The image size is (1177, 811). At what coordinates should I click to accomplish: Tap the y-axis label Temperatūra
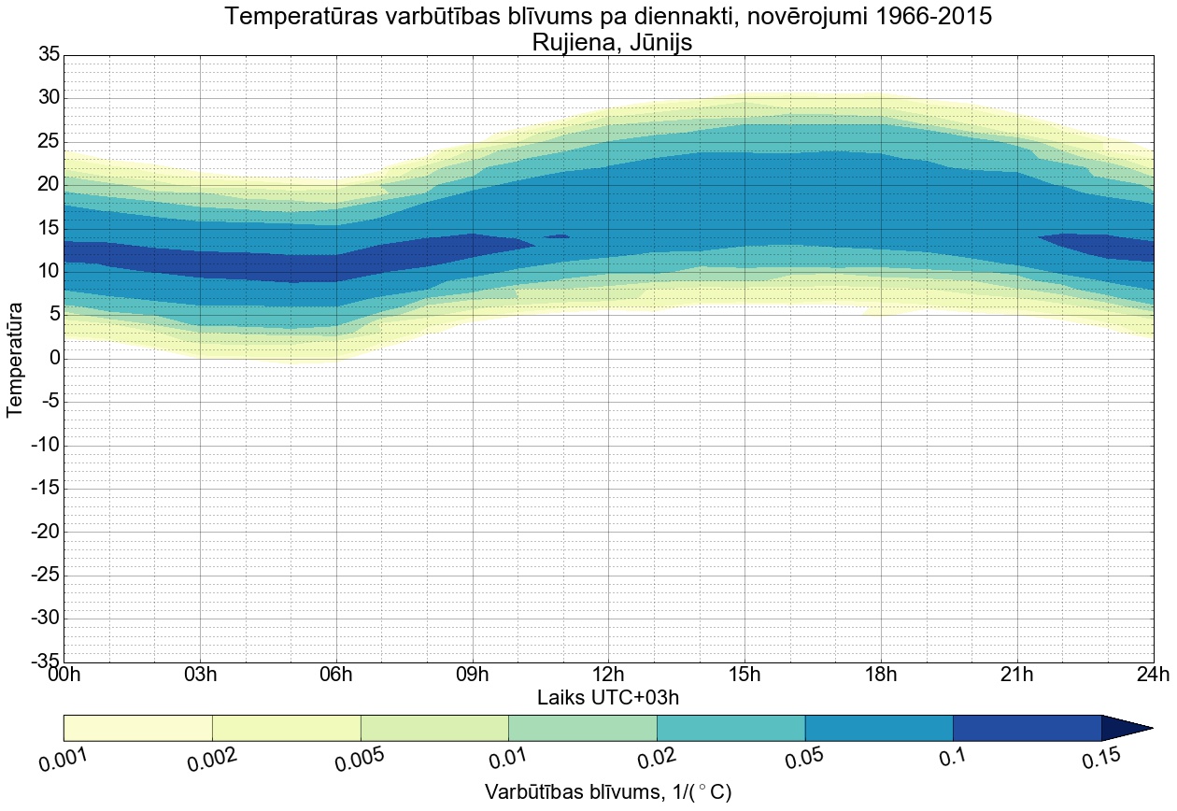tap(15, 359)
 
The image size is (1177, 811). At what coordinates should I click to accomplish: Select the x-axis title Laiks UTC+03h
tap(608, 697)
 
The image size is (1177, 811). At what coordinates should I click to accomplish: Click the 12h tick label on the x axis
tap(608, 674)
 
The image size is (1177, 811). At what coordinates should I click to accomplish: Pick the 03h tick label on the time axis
tap(200, 674)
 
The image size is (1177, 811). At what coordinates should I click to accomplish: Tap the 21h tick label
tap(1016, 674)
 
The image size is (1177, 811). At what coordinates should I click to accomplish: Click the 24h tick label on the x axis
tap(1153, 674)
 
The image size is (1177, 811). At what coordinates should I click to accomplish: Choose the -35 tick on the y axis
tap(44, 662)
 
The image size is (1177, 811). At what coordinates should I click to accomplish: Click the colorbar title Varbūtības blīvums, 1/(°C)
tap(608, 792)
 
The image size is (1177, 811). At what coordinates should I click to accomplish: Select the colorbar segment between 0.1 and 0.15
tap(1027, 728)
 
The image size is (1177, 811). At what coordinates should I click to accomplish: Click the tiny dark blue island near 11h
tap(557, 236)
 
